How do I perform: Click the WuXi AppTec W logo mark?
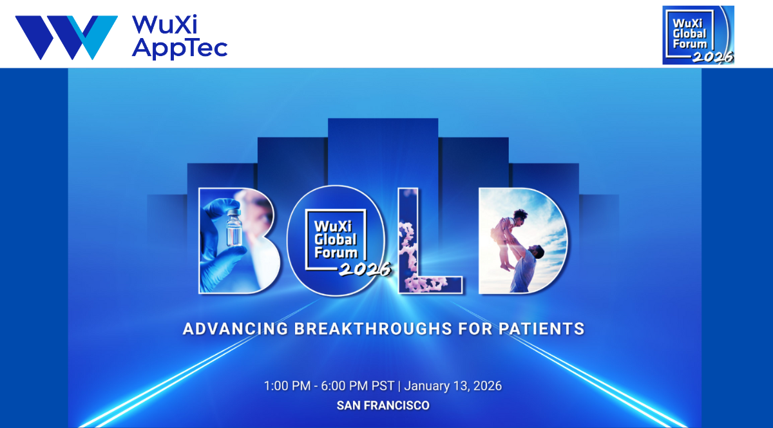tap(66, 37)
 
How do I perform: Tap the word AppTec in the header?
tap(180, 48)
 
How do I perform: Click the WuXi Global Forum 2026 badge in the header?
tap(698, 35)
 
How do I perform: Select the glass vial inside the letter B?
tap(234, 228)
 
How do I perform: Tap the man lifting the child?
tap(526, 266)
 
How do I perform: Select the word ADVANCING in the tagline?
tap(235, 329)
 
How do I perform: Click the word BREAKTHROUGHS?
tap(373, 329)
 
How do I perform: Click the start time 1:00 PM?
tap(287, 386)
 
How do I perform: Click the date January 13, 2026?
tap(453, 386)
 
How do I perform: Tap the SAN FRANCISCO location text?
tap(383, 405)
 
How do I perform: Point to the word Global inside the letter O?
tap(336, 240)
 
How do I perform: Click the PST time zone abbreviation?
tap(383, 386)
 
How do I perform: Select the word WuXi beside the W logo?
tap(165, 24)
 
